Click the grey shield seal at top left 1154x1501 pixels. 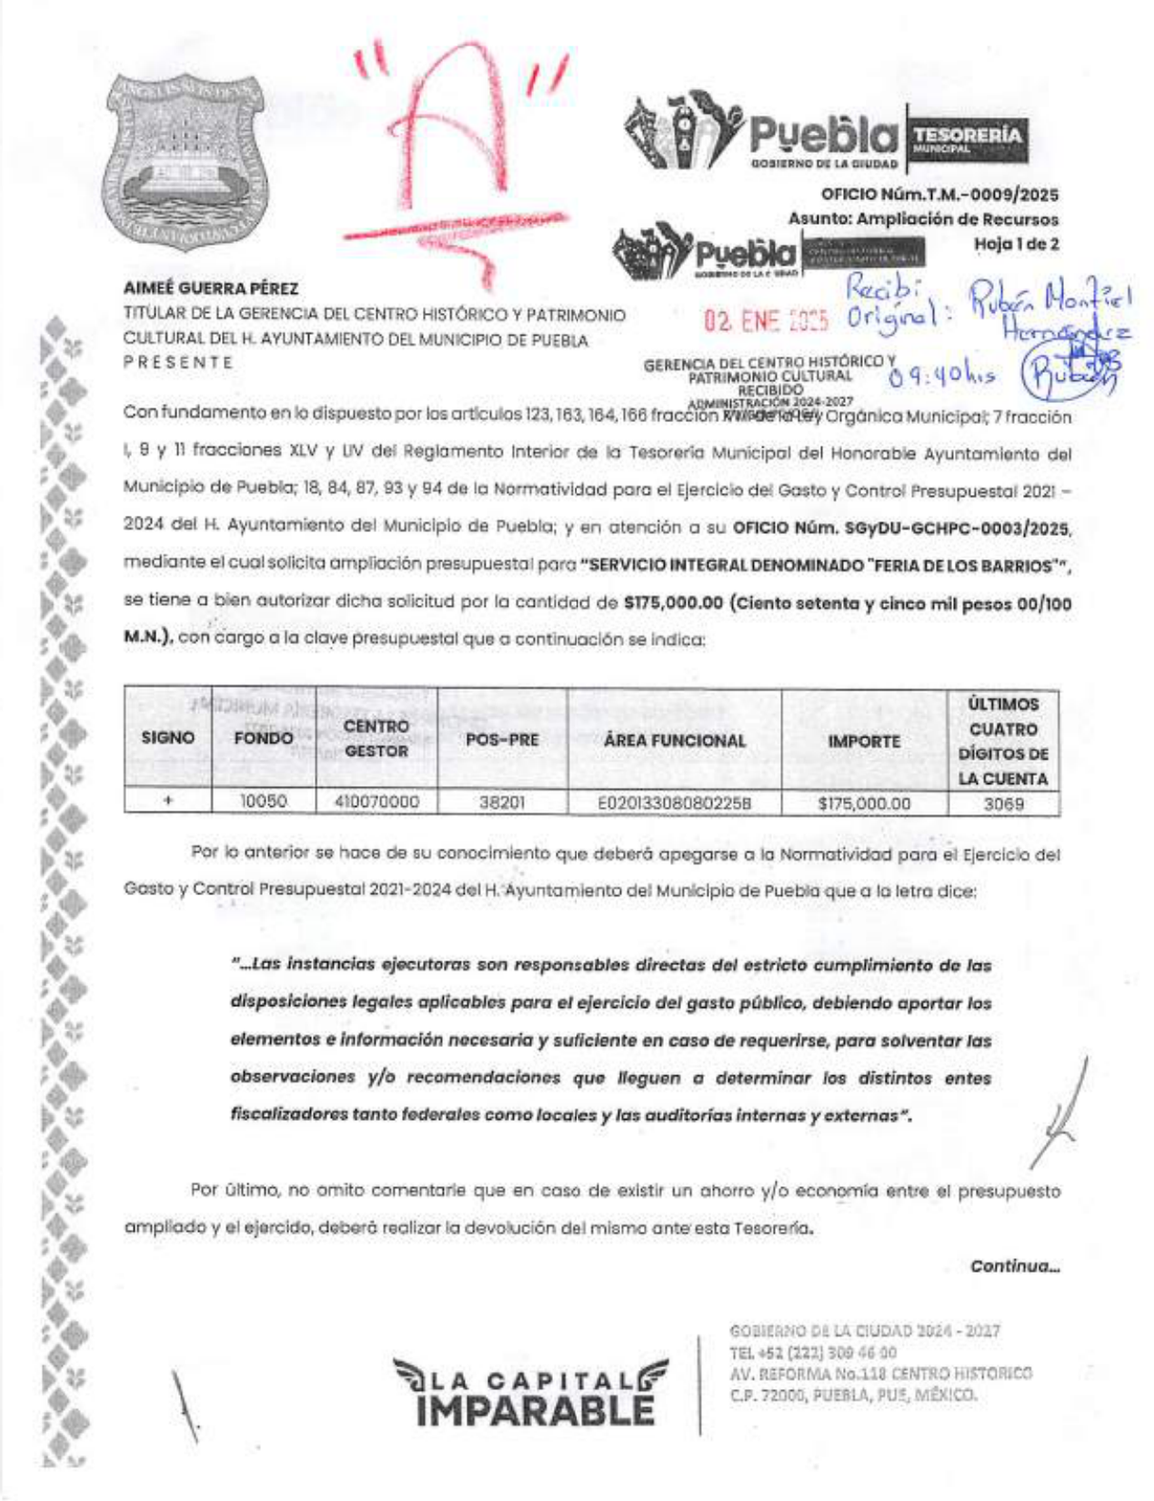(x=185, y=161)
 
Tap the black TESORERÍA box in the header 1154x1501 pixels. (x=967, y=139)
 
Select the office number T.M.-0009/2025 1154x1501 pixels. (x=939, y=194)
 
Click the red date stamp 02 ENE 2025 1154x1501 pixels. (x=766, y=320)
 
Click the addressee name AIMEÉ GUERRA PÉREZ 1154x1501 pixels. (x=211, y=288)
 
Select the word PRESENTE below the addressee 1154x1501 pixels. (x=178, y=362)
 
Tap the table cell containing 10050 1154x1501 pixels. (x=263, y=801)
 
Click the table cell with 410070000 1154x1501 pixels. (x=376, y=801)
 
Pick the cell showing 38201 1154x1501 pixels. (x=502, y=802)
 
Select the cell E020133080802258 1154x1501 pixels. (x=674, y=803)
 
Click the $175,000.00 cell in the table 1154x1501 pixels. (x=864, y=803)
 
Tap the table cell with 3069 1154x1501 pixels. (x=1003, y=803)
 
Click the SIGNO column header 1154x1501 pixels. (x=168, y=738)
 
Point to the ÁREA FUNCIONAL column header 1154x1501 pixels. (x=674, y=740)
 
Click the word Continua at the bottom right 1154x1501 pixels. (x=1014, y=1265)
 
